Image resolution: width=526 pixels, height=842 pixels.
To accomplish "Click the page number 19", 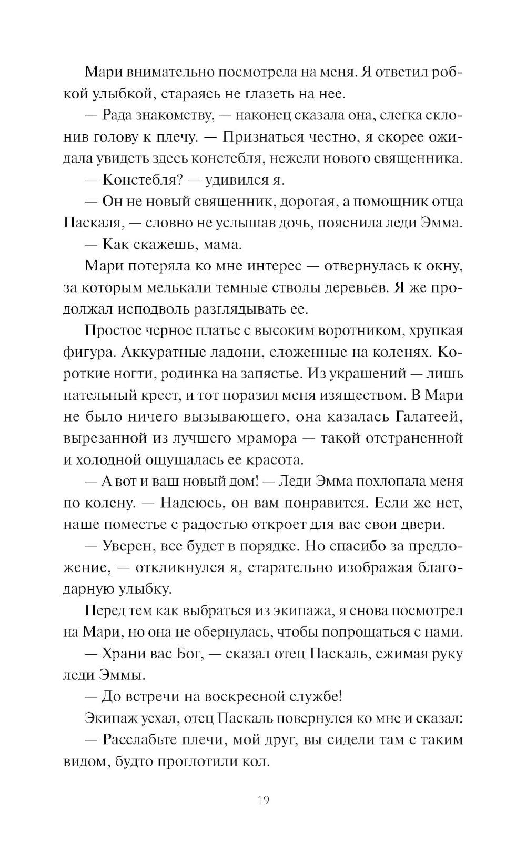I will pyautogui.click(x=264, y=800).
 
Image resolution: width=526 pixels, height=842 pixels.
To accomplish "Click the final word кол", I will pyautogui.click(x=257, y=761).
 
